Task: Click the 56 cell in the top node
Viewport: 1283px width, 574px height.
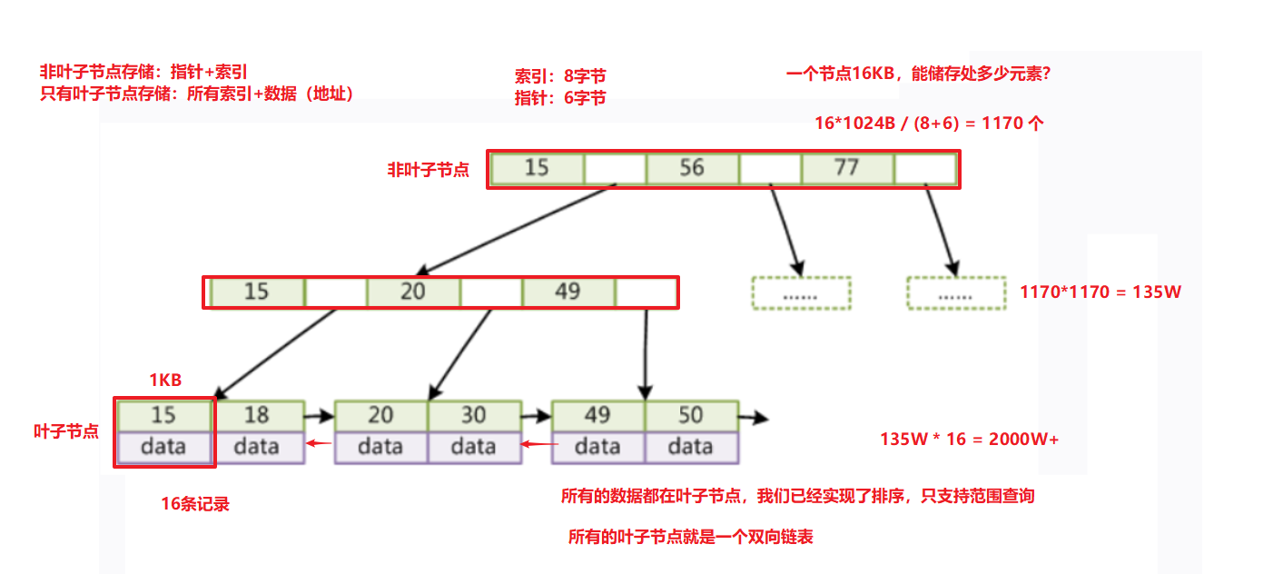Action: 691,169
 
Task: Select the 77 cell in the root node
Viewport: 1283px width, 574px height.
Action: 846,169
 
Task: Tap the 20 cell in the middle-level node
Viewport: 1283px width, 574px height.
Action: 413,292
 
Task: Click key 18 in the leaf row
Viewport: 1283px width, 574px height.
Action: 257,415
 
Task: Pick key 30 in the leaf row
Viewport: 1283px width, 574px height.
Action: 473,415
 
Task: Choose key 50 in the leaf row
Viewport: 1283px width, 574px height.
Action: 690,415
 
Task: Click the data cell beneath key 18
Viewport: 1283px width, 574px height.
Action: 257,446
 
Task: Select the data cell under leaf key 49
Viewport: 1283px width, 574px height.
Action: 597,446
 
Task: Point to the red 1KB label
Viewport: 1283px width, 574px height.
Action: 165,381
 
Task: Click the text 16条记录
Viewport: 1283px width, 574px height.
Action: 195,505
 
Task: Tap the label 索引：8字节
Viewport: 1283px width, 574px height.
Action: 559,77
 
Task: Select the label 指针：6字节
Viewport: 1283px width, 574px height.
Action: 559,98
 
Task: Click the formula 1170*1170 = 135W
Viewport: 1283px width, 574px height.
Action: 1100,292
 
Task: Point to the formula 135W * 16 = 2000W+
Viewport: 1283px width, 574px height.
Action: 969,439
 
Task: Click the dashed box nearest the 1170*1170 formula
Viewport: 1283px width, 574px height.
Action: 955,294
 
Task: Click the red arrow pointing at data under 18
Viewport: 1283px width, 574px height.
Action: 318,444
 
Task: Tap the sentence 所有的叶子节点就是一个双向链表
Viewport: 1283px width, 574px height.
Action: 690,537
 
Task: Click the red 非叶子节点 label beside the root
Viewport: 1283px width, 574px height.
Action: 429,170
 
